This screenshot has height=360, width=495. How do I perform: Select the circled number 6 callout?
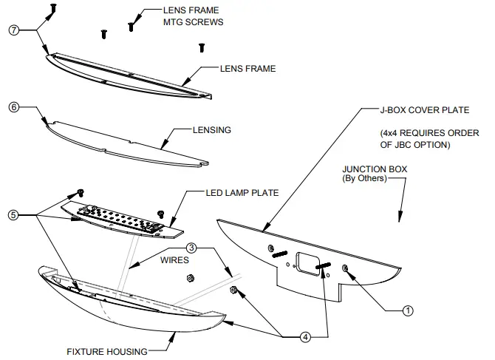coord(13,106)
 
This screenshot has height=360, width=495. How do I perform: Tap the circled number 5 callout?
coord(13,215)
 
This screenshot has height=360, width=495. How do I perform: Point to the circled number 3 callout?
coord(191,247)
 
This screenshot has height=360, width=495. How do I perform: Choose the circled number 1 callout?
coord(407,311)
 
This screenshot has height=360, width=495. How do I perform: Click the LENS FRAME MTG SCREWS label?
coord(193,17)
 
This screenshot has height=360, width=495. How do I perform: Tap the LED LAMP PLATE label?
coord(242,193)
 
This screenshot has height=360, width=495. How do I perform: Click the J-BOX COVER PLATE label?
coord(425,111)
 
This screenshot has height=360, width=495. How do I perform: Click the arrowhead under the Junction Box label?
coord(400,217)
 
